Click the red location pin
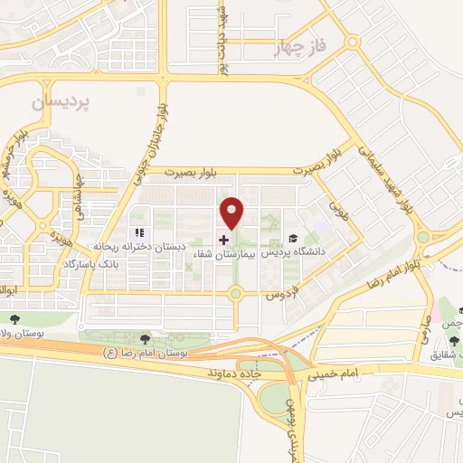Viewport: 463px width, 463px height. coord(233,213)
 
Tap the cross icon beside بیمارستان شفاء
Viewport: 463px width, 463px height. coord(224,241)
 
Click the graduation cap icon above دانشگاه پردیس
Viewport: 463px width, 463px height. coord(292,239)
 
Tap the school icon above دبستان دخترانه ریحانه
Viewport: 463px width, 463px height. coord(139,232)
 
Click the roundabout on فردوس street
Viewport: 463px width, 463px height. coord(236,293)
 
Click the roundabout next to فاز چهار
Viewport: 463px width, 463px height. coord(352,41)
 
